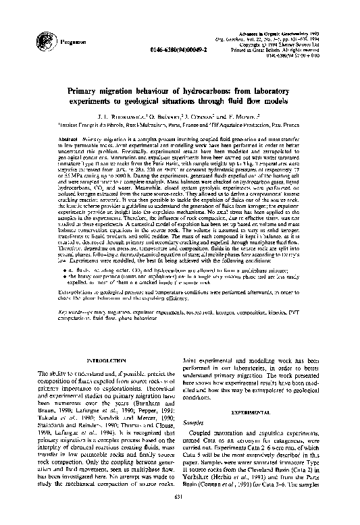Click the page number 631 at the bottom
coord(180,516)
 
